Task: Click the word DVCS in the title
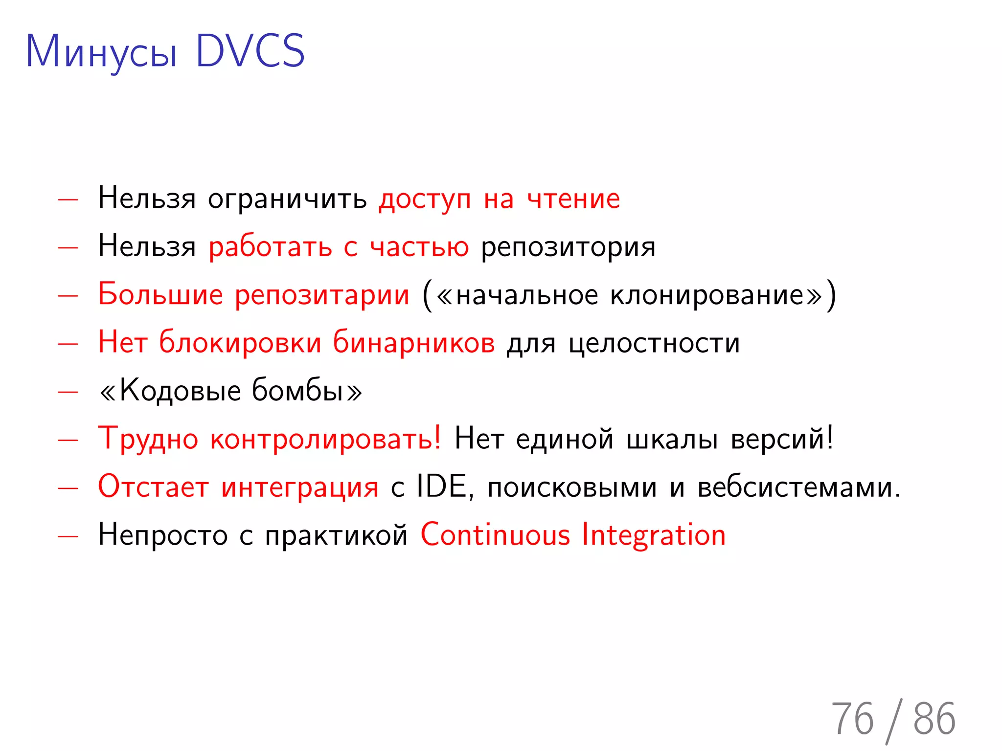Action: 250,51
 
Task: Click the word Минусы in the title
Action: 101,53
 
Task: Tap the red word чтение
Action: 573,199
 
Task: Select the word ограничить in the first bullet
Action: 287,199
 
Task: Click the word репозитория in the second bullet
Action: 568,247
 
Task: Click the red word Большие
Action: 160,295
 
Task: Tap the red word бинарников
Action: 414,342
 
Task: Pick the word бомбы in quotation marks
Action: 297,390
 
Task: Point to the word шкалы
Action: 672,439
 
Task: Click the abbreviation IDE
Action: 442,486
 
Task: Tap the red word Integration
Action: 654,534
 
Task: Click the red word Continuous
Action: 495,534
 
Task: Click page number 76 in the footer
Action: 852,719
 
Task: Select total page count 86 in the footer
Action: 934,719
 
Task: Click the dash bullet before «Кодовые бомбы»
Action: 68,392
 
